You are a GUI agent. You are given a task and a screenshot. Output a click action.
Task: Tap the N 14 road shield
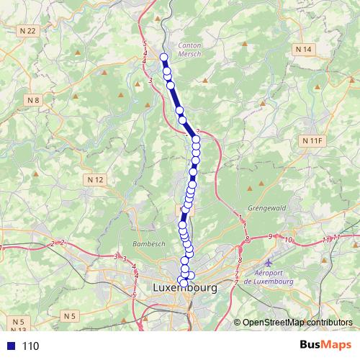[x=304, y=48]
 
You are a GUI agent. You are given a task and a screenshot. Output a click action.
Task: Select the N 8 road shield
[x=33, y=99]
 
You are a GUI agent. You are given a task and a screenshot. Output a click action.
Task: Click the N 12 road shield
[x=96, y=179]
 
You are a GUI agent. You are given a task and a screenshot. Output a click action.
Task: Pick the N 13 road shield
[x=19, y=329]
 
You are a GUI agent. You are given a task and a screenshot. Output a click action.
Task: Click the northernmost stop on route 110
[x=163, y=57]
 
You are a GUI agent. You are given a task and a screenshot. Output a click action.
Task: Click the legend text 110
[x=30, y=346]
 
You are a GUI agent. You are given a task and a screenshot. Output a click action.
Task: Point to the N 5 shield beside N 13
[x=19, y=320]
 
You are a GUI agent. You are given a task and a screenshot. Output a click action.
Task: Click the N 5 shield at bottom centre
[x=69, y=315]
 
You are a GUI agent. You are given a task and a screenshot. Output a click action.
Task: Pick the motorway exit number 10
[x=289, y=239]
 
